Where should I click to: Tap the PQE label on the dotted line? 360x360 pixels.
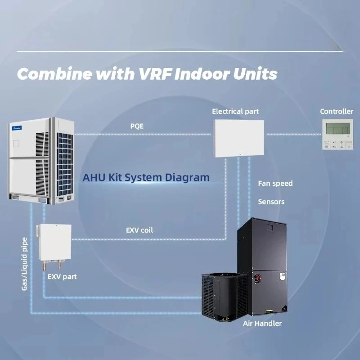[x=137, y=126]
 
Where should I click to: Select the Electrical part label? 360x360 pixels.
[x=235, y=111]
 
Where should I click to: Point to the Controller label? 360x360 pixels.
[x=337, y=111]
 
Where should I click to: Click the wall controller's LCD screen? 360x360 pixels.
[x=337, y=129]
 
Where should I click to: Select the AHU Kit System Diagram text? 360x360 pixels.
[x=146, y=177]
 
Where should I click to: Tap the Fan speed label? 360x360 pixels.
[x=275, y=183]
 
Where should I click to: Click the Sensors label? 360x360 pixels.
[x=271, y=202]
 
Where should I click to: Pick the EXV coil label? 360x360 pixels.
[x=139, y=230]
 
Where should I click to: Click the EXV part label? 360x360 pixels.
[x=62, y=276]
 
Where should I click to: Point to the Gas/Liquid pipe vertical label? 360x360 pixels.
[x=25, y=263]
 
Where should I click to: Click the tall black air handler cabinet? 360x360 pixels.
[x=263, y=265]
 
